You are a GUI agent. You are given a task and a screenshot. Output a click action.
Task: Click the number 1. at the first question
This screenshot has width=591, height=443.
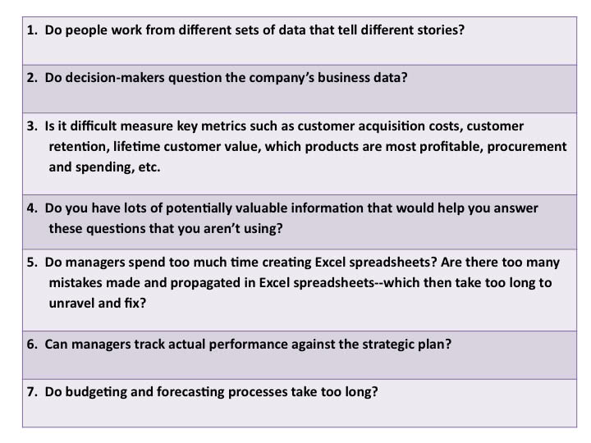tap(32, 30)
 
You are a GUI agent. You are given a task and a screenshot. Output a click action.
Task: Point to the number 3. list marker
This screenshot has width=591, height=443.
tap(32, 126)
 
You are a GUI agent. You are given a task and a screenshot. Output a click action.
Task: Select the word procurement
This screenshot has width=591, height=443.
tap(526, 147)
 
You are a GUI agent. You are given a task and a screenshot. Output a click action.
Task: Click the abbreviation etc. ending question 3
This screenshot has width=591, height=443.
tap(149, 167)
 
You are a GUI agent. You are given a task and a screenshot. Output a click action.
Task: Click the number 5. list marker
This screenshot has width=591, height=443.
tap(32, 263)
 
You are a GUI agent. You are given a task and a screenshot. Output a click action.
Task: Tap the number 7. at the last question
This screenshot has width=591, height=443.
tap(32, 392)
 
